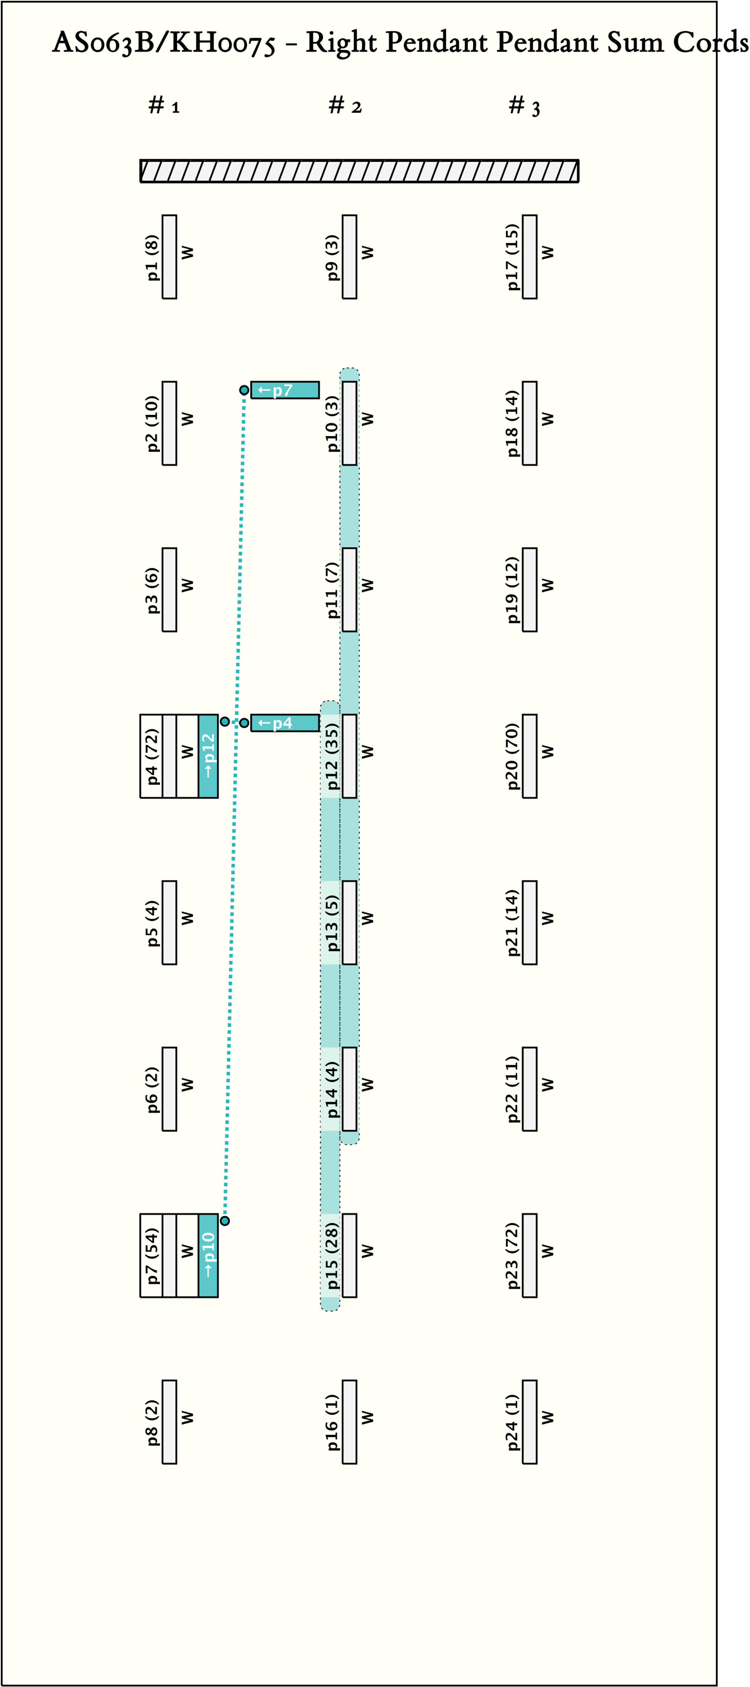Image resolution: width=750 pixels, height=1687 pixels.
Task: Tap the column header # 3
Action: (525, 106)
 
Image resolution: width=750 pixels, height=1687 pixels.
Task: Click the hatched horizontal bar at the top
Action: (359, 171)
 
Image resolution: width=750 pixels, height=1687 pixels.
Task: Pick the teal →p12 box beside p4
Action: (208, 756)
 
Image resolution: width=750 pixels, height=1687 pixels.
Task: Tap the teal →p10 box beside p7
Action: (208, 1256)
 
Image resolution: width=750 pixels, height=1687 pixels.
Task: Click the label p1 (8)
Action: (152, 257)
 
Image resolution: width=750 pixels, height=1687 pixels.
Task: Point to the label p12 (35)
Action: (332, 756)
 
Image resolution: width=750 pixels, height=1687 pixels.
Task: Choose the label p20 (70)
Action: (512, 756)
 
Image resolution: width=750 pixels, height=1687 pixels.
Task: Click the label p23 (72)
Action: (512, 1256)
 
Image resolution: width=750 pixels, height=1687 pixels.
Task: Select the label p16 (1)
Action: (332, 1422)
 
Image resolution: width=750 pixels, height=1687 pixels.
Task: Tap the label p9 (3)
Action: (332, 257)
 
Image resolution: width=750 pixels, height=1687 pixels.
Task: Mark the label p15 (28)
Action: (332, 1256)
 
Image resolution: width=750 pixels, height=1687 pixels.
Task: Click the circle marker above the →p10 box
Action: (224, 1221)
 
